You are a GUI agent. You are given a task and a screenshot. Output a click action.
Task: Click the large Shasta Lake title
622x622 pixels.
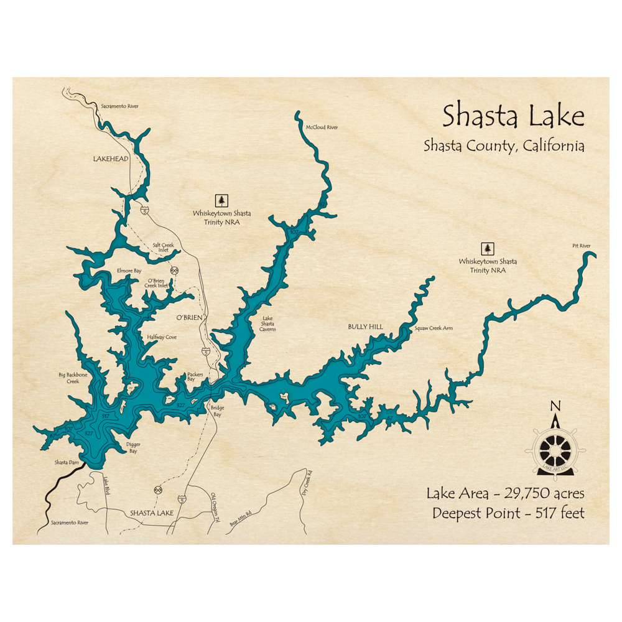[513, 117]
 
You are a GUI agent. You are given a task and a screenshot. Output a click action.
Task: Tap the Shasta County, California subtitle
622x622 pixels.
[503, 146]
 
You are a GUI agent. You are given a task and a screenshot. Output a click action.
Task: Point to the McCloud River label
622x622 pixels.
[322, 128]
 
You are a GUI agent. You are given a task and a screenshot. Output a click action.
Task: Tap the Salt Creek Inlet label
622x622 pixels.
[164, 248]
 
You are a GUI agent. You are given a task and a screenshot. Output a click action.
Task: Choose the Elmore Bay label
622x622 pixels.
[129, 271]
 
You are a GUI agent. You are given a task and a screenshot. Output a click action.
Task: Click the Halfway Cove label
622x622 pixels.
[162, 337]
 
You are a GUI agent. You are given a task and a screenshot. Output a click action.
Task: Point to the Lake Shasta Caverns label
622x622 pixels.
[267, 323]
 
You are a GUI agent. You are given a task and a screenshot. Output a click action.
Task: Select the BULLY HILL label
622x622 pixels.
[365, 327]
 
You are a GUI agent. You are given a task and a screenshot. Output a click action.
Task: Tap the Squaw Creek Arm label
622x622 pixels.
[434, 328]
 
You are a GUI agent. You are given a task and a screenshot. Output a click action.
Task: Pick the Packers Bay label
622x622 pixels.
[195, 377]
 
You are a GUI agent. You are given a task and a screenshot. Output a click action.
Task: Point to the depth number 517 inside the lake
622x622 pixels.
[105, 415]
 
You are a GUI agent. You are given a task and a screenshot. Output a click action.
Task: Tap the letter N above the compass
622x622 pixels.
[555, 407]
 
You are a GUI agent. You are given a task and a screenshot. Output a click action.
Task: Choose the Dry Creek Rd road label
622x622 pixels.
[307, 479]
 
